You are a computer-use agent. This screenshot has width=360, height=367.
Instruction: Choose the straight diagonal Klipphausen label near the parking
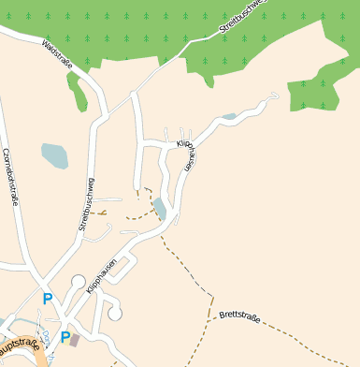pyautogui.click(x=101, y=277)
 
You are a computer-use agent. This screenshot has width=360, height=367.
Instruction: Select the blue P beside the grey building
pyautogui.click(x=65, y=337)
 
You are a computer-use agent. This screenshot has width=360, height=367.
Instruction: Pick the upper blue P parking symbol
pyautogui.click(x=48, y=300)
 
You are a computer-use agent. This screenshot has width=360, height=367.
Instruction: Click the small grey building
pyautogui.click(x=75, y=341)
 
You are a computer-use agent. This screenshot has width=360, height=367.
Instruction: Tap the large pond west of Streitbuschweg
pyautogui.click(x=54, y=155)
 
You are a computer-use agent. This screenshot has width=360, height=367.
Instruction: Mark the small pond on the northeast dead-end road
pyautogui.click(x=230, y=117)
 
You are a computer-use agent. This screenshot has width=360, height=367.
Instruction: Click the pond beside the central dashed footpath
pyautogui.click(x=160, y=209)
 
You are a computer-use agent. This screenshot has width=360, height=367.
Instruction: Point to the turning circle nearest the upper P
pyautogui.click(x=78, y=280)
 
